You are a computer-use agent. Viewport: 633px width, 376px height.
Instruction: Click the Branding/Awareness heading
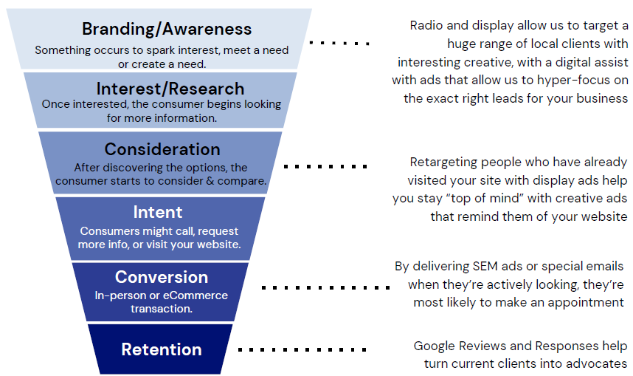(167, 29)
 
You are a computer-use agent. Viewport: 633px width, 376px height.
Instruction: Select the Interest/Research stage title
(170, 89)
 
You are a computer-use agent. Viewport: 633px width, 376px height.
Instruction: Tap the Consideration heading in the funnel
(162, 149)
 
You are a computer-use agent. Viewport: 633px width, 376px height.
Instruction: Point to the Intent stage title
(158, 212)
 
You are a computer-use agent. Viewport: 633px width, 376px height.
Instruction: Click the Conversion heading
(162, 277)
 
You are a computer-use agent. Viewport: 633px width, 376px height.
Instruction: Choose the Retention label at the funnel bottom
(162, 349)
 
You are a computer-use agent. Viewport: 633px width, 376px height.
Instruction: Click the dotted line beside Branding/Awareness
(339, 43)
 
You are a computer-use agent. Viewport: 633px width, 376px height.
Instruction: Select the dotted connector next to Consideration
(325, 166)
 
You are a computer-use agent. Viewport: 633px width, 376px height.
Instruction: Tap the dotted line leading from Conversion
(326, 287)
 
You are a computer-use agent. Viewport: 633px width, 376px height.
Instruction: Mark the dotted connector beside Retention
(302, 349)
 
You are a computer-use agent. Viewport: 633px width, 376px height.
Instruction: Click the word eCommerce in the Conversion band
(196, 295)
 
